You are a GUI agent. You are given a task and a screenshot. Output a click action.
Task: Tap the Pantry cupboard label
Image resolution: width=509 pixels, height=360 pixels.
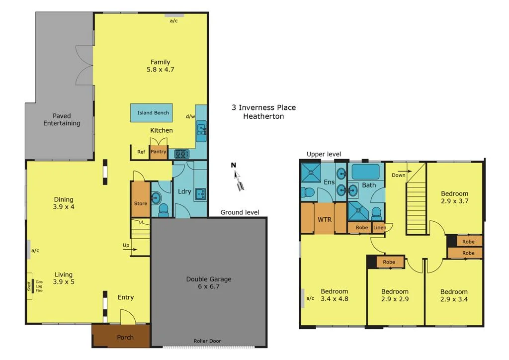pyautogui.click(x=159, y=152)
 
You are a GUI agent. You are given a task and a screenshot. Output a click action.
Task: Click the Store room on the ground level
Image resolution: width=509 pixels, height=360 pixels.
pyautogui.click(x=141, y=203)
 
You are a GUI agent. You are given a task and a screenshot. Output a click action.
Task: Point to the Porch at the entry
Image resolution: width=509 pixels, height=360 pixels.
pyautogui.click(x=125, y=337)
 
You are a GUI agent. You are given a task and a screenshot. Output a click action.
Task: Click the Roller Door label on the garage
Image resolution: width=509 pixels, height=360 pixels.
pyautogui.click(x=207, y=341)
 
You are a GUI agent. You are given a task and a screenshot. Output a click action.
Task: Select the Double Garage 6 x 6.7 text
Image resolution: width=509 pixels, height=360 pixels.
pyautogui.click(x=209, y=282)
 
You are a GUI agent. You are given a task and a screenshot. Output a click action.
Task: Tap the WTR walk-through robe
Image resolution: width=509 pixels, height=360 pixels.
pyautogui.click(x=324, y=219)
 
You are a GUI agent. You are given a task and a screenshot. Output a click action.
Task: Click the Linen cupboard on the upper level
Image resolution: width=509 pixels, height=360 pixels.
pyautogui.click(x=379, y=228)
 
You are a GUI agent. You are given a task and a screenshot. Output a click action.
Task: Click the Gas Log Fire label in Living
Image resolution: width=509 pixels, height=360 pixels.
pyautogui.click(x=39, y=286)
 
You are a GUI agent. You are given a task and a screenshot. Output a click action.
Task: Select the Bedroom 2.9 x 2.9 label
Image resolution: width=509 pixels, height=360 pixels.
pyautogui.click(x=395, y=295)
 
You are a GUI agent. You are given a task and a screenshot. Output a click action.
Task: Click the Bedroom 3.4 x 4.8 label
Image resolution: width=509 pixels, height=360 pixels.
pyautogui.click(x=334, y=295)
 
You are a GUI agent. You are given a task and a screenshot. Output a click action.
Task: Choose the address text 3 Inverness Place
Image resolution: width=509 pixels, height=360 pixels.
pyautogui.click(x=263, y=107)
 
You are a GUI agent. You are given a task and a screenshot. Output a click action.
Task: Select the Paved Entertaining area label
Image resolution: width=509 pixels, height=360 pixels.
pyautogui.click(x=62, y=119)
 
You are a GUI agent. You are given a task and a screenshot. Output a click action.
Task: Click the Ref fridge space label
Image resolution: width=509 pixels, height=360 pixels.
pyautogui.click(x=141, y=152)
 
